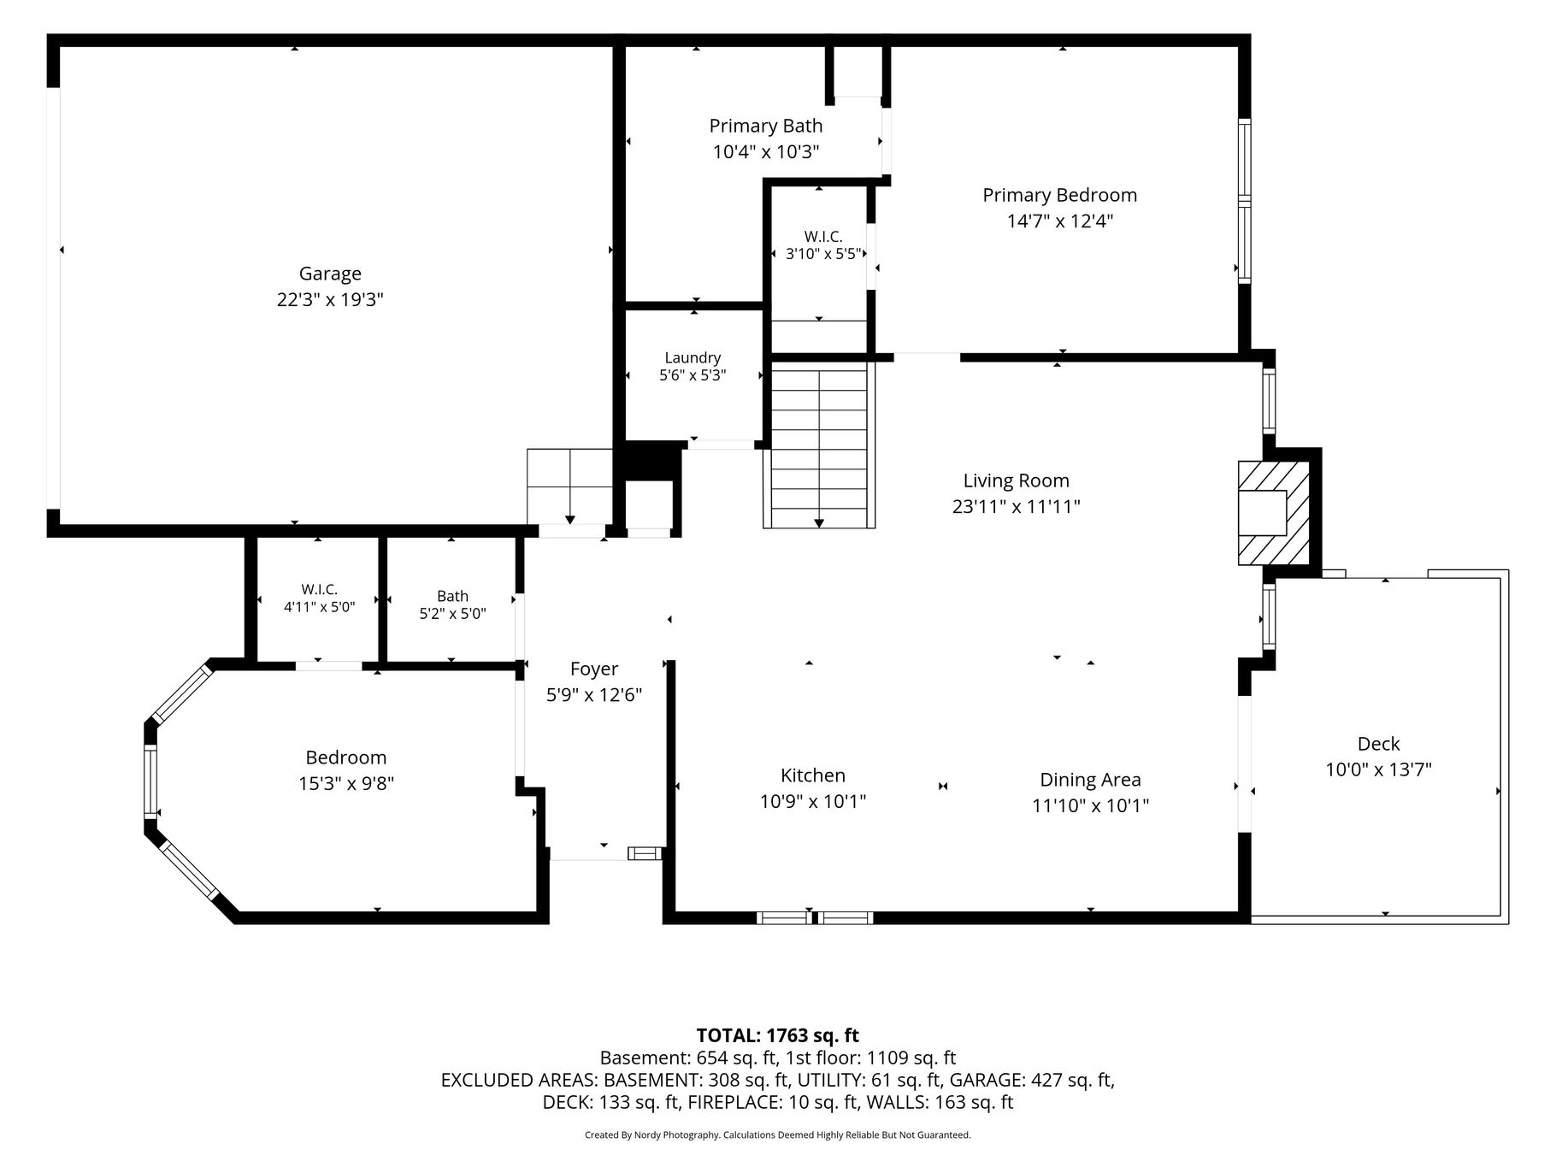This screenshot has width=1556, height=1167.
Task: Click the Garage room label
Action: click(x=330, y=274)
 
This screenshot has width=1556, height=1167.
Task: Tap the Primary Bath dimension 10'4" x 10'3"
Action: click(x=766, y=152)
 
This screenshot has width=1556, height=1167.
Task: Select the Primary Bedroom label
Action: click(x=1059, y=195)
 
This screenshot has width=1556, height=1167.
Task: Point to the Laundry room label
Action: click(x=693, y=357)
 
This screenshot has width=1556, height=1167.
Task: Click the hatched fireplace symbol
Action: click(x=1274, y=513)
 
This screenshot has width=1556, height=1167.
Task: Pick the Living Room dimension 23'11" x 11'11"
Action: click(x=1017, y=506)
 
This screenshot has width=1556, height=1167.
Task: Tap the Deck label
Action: click(x=1378, y=744)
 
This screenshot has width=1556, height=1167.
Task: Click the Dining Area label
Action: click(x=1090, y=780)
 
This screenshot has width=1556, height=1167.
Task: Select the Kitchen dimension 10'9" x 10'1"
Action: click(x=813, y=801)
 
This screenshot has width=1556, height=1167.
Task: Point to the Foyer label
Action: click(x=594, y=669)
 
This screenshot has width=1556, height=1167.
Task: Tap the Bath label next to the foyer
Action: click(x=452, y=596)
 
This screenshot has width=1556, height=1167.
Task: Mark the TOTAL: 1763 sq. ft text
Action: click(x=777, y=1035)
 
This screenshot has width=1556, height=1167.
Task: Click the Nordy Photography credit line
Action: click(x=777, y=1135)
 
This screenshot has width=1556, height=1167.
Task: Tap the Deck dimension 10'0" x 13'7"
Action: click(x=1378, y=769)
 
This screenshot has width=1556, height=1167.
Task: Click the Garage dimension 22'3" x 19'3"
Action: click(x=330, y=300)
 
